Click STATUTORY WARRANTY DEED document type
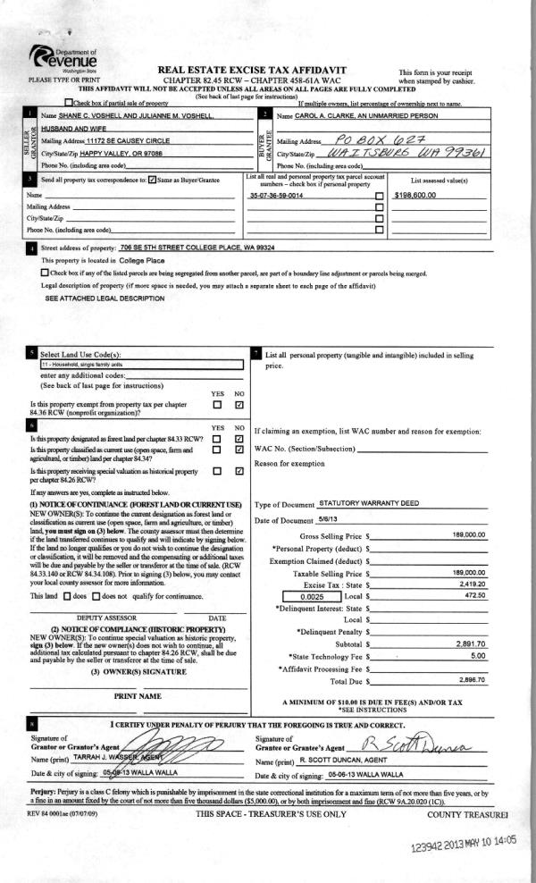(369, 503)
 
